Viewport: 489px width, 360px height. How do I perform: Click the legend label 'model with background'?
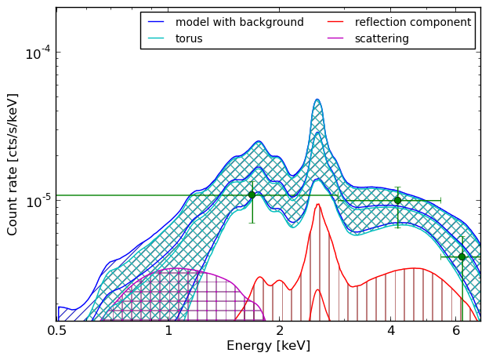[240, 22]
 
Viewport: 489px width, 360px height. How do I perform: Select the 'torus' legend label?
[189, 38]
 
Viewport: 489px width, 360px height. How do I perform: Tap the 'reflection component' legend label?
[413, 22]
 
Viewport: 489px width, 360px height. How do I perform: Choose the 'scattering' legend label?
[382, 38]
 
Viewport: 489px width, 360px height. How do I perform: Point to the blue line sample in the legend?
[156, 22]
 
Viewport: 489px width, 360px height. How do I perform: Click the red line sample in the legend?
[335, 22]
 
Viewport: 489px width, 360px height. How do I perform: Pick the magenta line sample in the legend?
[335, 38]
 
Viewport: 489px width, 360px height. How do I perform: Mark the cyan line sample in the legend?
[156, 38]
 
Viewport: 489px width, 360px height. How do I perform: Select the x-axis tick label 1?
[168, 331]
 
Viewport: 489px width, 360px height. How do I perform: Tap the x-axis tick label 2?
[280, 331]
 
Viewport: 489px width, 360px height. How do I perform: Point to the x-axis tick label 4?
[391, 331]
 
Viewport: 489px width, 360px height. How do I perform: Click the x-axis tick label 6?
[456, 331]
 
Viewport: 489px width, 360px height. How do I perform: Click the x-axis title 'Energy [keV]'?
[269, 346]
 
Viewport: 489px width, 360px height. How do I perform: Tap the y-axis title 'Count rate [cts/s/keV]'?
[12, 165]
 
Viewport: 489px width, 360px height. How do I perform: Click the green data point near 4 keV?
[397, 201]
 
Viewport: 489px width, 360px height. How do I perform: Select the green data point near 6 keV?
[462, 257]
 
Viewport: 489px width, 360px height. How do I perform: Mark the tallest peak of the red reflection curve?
[318, 204]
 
